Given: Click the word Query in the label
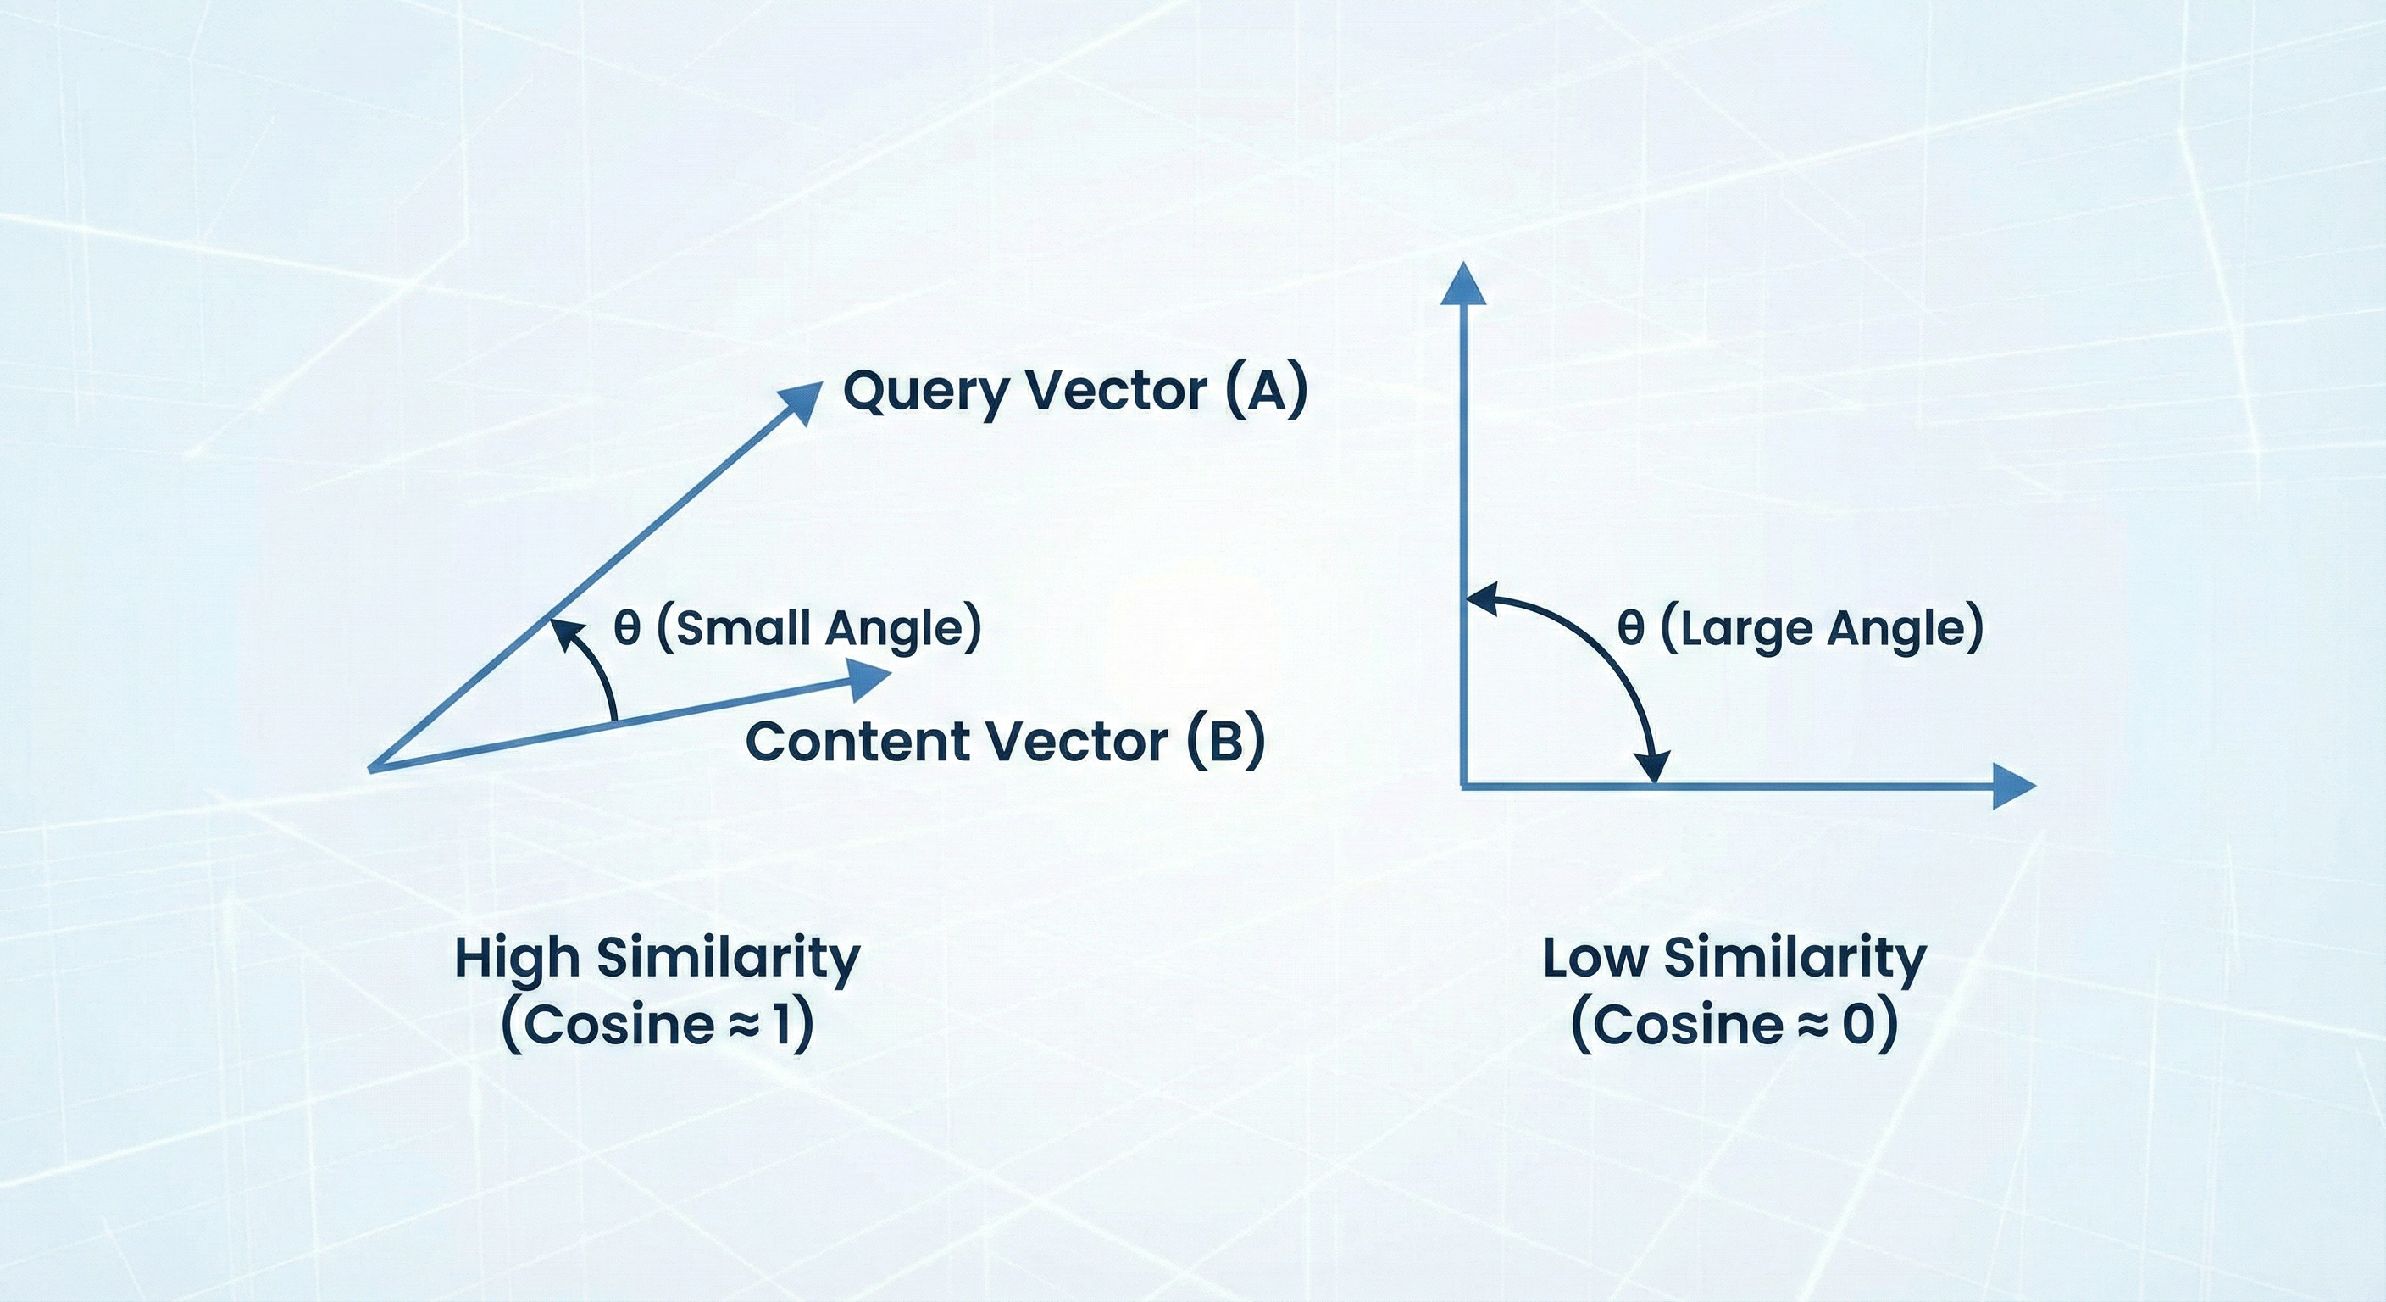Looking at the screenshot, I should [x=932, y=391].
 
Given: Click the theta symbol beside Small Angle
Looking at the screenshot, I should [x=627, y=628].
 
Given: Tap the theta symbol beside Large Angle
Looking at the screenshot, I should [x=1630, y=628].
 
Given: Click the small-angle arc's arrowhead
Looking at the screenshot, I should [x=560, y=630].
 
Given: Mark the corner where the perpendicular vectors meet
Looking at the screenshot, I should [x=1464, y=787].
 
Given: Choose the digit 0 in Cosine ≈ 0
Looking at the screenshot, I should [x=1858, y=1025].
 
